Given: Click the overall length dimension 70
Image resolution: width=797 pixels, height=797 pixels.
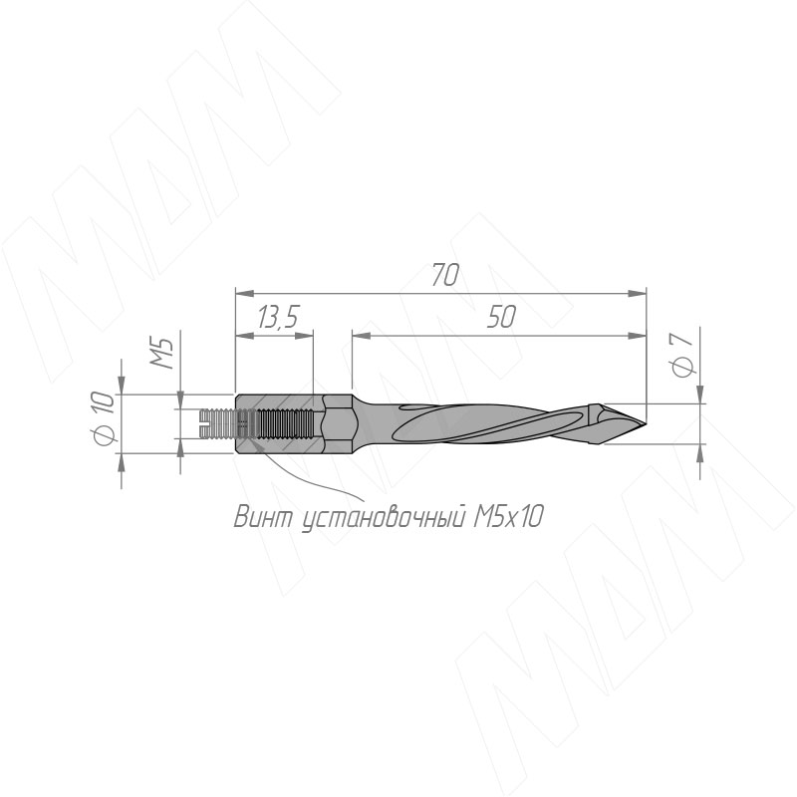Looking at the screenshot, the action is tap(445, 275).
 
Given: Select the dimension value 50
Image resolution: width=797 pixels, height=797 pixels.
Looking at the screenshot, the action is tap(502, 317).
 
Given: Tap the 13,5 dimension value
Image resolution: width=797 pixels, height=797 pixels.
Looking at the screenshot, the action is tap(277, 317).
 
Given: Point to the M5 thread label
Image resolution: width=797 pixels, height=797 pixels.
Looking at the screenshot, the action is tap(162, 352).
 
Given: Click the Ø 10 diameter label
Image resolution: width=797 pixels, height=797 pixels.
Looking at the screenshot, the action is tap(106, 416).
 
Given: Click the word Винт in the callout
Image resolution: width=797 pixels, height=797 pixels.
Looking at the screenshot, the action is tap(264, 517).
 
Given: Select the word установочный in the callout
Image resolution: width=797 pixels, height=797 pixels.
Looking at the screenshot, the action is tap(385, 518).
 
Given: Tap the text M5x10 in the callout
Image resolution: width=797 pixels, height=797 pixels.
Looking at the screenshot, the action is tap(508, 517).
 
